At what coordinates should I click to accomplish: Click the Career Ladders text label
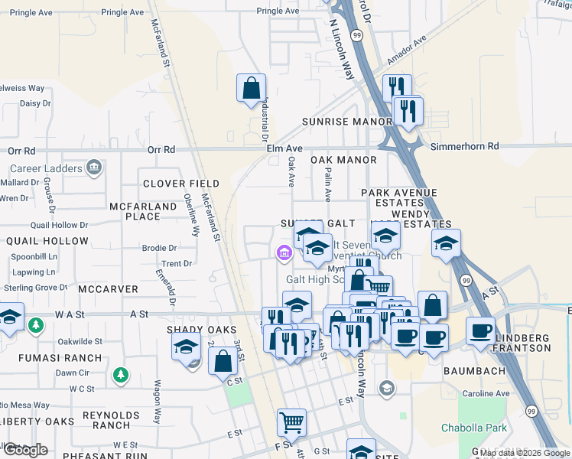(46, 168)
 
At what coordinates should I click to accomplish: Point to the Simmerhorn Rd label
(464, 145)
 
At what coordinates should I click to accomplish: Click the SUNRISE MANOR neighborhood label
(346, 122)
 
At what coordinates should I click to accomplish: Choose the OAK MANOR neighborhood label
(343, 160)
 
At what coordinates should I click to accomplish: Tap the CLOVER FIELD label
(181, 184)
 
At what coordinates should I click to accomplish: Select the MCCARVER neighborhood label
(107, 289)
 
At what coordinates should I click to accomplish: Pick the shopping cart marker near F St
(291, 421)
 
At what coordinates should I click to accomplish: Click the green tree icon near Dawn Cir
(119, 375)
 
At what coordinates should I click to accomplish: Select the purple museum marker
(284, 252)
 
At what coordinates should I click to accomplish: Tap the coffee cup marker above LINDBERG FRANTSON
(479, 330)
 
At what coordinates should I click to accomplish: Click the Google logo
(25, 450)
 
